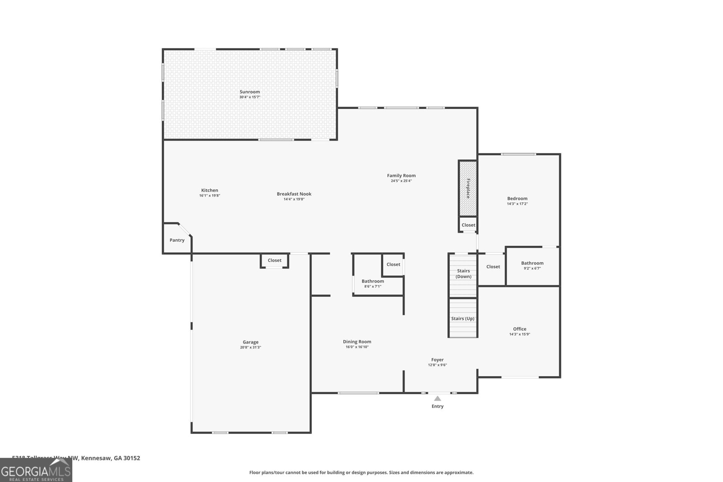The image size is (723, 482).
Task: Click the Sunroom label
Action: click(249, 92)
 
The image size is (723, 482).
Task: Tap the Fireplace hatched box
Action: click(468, 188)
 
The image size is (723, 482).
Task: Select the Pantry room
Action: click(177, 240)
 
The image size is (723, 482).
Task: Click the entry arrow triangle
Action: click(437, 398)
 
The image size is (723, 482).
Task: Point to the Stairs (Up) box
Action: click(463, 318)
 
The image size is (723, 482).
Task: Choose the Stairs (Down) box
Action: click(463, 274)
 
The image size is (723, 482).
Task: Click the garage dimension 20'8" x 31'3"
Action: click(250, 347)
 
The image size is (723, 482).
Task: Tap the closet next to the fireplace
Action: click(468, 225)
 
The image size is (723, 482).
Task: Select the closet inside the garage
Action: click(274, 261)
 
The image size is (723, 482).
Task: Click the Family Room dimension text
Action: click(401, 181)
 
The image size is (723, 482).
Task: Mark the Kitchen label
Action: click(209, 190)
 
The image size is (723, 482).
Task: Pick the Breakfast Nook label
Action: click(294, 194)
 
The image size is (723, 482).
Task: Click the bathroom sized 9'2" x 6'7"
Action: click(532, 266)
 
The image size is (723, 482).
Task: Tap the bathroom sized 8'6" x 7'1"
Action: click(373, 284)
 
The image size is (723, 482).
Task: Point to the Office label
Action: click(519, 329)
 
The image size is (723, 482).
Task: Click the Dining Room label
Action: click(357, 342)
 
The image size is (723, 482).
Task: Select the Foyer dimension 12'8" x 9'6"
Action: click(437, 365)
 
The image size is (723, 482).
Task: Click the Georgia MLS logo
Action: click(36, 470)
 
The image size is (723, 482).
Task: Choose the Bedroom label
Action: click(517, 198)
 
